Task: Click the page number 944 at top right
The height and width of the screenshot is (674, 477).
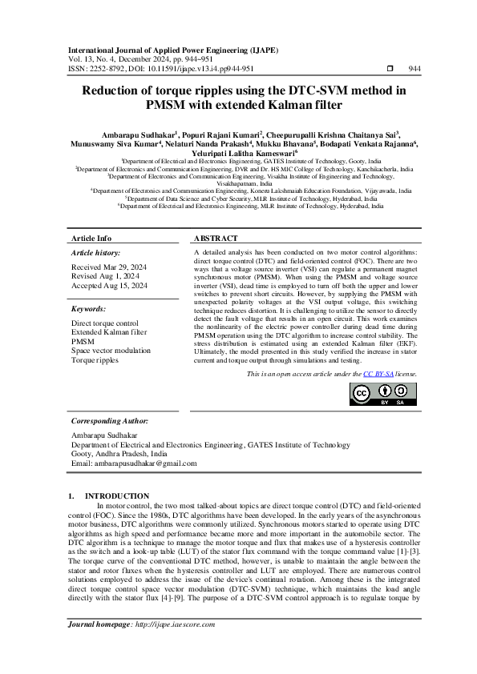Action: point(414,69)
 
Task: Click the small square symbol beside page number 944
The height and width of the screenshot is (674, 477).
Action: point(390,69)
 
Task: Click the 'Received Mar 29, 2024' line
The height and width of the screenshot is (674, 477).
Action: point(109,267)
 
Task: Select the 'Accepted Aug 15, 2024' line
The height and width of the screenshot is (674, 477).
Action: point(110,285)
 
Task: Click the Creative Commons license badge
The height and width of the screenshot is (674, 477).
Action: point(383,394)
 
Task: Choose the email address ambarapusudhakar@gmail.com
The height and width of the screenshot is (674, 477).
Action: point(134,463)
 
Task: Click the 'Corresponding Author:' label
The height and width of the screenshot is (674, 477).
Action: point(110,421)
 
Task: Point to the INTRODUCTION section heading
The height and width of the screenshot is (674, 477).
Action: point(117,496)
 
